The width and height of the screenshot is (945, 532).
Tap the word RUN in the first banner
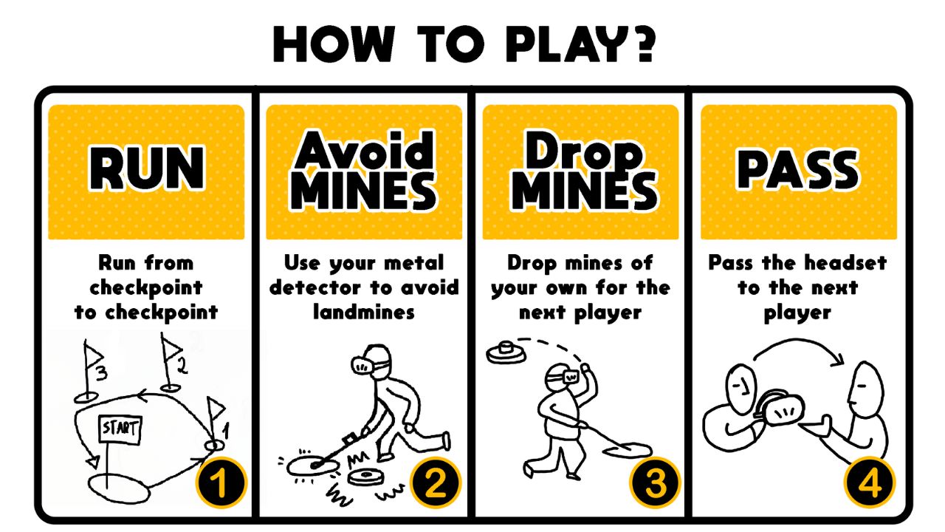click(x=146, y=168)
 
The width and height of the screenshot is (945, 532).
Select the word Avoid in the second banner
click(x=364, y=150)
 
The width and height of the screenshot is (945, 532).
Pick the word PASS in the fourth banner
click(x=797, y=168)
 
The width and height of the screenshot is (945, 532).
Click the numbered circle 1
click(x=221, y=482)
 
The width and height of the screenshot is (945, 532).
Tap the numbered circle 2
click(x=435, y=482)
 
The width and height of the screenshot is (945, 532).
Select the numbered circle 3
click(x=654, y=482)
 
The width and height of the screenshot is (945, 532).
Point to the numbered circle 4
click(x=870, y=482)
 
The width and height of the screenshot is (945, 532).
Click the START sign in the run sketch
click(x=120, y=429)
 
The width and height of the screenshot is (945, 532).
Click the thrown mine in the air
click(x=506, y=352)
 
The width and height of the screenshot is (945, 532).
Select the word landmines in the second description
click(x=364, y=313)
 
